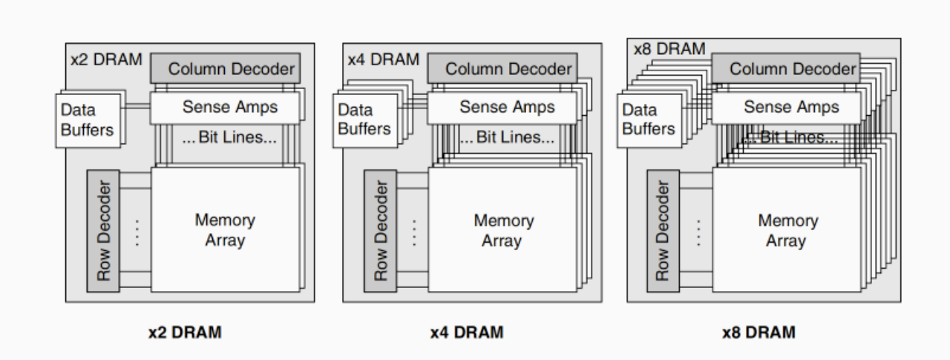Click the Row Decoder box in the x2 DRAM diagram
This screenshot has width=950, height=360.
(x=103, y=230)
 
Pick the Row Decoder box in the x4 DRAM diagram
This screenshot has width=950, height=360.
(x=380, y=230)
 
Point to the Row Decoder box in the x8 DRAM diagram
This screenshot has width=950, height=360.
(x=663, y=230)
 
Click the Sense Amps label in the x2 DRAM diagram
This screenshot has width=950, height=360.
(x=229, y=107)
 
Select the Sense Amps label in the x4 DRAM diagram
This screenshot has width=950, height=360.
(x=507, y=107)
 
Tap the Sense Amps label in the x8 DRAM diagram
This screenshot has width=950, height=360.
(x=791, y=107)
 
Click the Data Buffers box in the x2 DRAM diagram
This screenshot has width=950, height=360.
(x=88, y=120)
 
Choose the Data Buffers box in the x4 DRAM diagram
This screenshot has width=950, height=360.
(x=364, y=120)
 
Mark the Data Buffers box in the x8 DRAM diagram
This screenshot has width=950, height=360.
(x=649, y=120)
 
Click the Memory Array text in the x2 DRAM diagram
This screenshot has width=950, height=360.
(x=225, y=230)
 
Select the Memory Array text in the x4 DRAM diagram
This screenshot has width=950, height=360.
(x=502, y=230)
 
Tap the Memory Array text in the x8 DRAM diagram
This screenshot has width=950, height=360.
(x=786, y=230)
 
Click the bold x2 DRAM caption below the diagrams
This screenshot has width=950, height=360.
(x=185, y=333)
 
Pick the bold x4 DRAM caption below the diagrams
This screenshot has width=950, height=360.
(x=466, y=333)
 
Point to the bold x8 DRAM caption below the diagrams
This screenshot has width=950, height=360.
(x=759, y=333)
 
